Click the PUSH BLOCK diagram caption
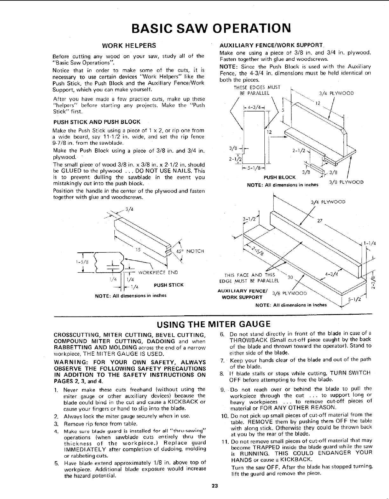click(x=280, y=177)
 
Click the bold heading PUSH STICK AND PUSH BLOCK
click(x=97, y=122)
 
